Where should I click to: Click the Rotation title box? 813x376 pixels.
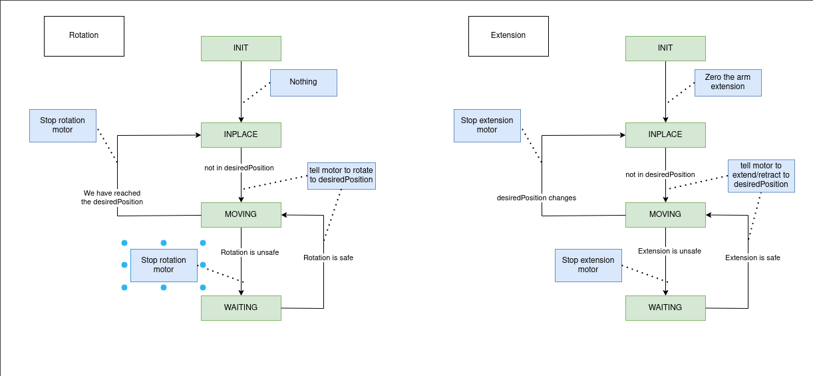click(84, 36)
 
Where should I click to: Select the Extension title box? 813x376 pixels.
click(508, 36)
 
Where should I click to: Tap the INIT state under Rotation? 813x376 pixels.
click(241, 49)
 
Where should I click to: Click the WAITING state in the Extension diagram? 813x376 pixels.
click(665, 307)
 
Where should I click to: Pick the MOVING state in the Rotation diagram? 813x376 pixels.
click(241, 215)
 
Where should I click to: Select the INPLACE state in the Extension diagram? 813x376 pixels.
click(665, 135)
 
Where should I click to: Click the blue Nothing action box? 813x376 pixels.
click(303, 83)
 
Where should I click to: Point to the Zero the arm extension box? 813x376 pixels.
click(728, 83)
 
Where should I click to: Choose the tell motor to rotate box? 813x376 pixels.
click(341, 176)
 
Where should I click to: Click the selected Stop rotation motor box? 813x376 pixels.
click(164, 265)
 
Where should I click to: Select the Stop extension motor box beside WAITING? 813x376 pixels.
click(588, 265)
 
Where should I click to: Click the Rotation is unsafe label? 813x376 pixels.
click(250, 253)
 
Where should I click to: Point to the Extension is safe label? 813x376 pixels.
click(752, 258)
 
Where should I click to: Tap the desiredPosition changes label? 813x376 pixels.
click(536, 198)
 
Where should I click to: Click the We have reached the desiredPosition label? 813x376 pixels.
click(112, 198)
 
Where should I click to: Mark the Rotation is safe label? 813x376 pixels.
click(328, 258)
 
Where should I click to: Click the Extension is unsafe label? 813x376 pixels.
click(669, 252)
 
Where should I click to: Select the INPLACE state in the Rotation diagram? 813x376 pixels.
click(241, 135)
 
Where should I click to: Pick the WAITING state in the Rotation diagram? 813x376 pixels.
click(241, 307)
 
